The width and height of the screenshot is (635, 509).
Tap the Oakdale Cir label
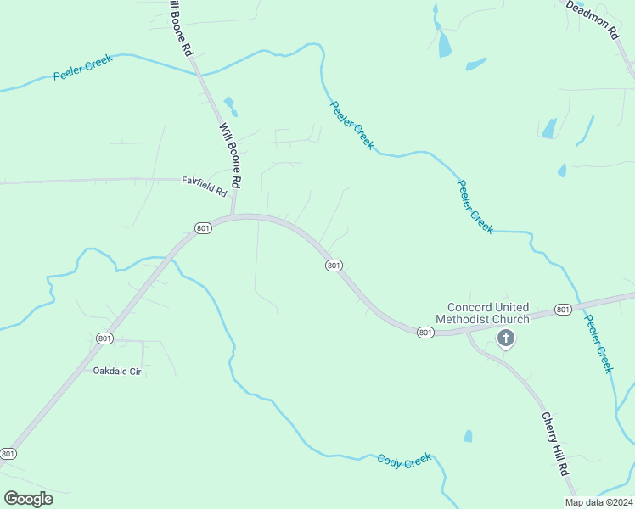pyautogui.click(x=116, y=371)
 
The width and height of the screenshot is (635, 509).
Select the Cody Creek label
pyautogui.click(x=404, y=461)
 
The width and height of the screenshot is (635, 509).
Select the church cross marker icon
pyautogui.click(x=505, y=339)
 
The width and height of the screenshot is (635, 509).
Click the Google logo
pyautogui.click(x=28, y=499)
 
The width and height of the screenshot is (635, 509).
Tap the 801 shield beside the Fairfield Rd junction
pyautogui.click(x=203, y=228)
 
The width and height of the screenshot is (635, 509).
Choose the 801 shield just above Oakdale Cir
pyautogui.click(x=105, y=338)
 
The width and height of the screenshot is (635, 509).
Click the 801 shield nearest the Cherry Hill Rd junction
pyautogui.click(x=426, y=333)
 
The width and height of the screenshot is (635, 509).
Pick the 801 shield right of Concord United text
pyautogui.click(x=563, y=310)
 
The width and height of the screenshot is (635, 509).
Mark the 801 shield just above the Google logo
pyautogui.click(x=8, y=454)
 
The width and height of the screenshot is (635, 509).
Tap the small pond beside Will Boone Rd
pyautogui.click(x=229, y=106)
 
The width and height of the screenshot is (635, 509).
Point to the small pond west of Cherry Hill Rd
pyautogui.click(x=468, y=436)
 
